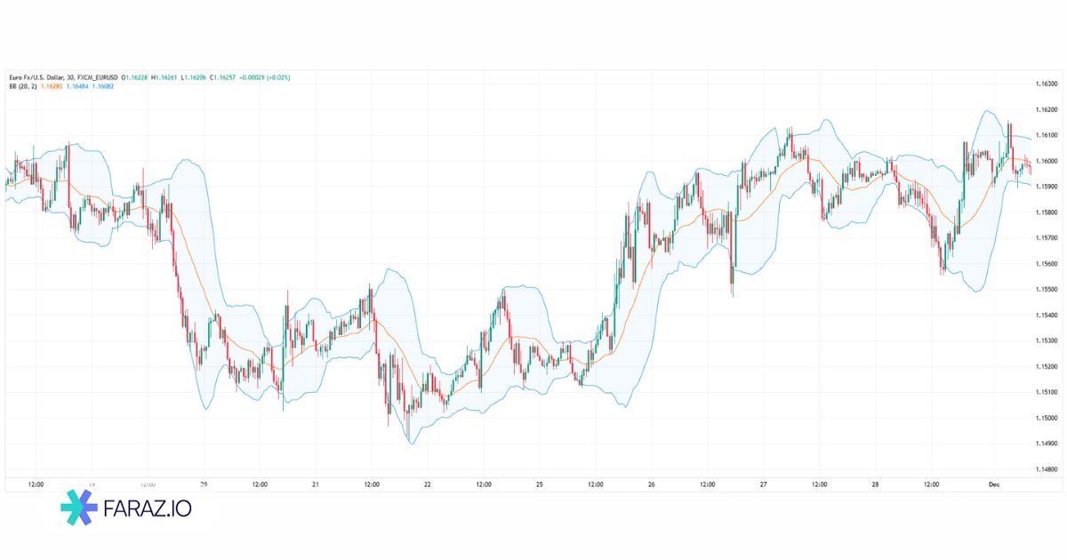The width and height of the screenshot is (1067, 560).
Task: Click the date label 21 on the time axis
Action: (316, 484)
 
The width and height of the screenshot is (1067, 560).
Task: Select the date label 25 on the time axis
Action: (540, 484)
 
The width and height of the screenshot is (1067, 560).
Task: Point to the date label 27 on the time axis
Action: (764, 484)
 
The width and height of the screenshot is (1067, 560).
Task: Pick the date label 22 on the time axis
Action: (428, 484)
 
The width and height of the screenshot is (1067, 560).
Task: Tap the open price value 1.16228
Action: (136, 77)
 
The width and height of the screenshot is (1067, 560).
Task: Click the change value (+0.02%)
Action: (278, 77)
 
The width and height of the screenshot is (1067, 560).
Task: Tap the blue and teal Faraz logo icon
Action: (79, 508)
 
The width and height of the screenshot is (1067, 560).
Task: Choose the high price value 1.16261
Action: (167, 77)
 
